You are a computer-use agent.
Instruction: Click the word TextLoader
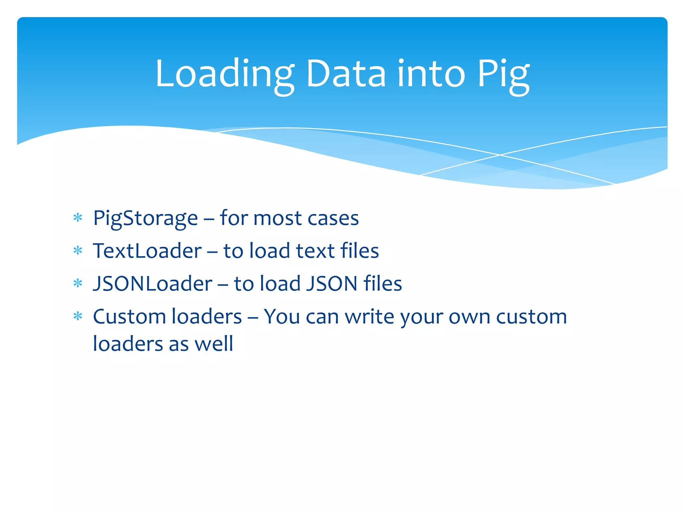(147, 251)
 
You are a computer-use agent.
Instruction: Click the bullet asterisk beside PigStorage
(78, 218)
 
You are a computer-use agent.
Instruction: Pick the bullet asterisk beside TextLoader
(78, 250)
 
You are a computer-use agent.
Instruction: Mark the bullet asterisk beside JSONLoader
(78, 283)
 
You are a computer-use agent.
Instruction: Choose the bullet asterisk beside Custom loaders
(78, 316)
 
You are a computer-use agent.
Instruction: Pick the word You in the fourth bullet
(282, 316)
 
